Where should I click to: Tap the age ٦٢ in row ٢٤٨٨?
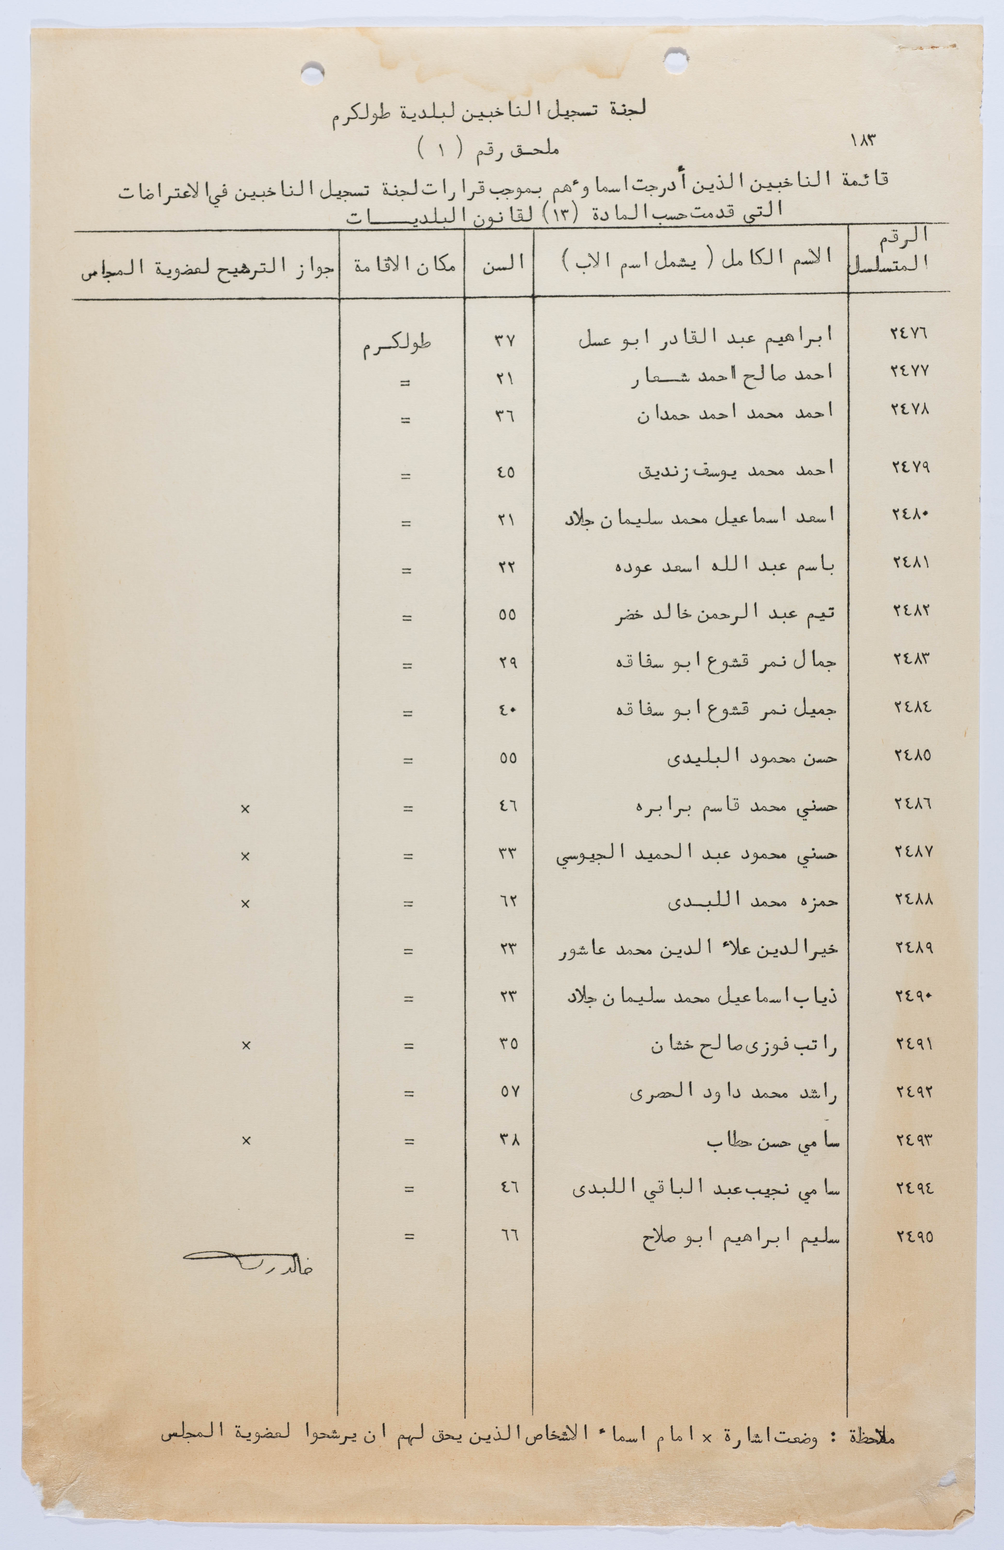(x=507, y=902)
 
